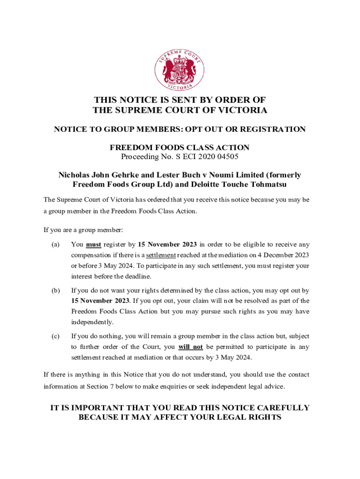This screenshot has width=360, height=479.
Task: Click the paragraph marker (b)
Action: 55,290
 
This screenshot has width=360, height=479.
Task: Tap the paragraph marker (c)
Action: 55,336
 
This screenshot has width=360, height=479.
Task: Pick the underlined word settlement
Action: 161,255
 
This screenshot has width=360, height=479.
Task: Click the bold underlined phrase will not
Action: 190,347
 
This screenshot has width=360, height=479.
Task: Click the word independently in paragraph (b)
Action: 93,322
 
